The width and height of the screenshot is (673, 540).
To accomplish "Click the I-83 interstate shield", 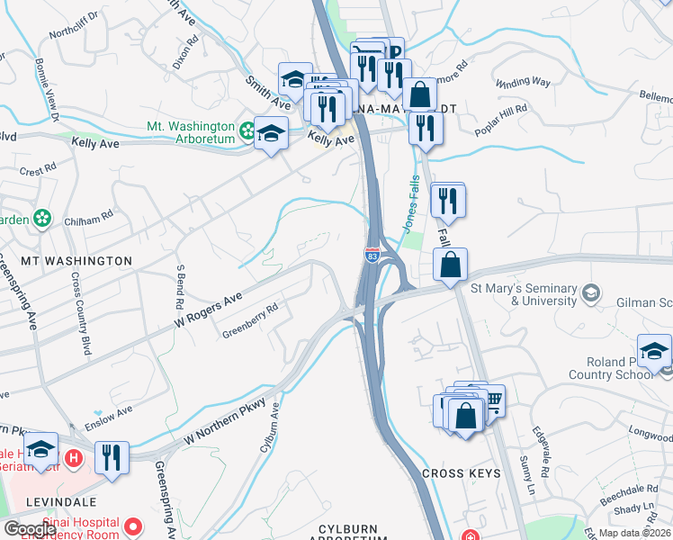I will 372,256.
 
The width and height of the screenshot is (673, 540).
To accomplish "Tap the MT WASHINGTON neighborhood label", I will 76,260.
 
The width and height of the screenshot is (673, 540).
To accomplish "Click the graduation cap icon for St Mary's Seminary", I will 591,293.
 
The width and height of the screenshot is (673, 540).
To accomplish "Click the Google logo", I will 30,530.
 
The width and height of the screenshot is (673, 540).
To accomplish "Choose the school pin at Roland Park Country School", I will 654,351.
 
